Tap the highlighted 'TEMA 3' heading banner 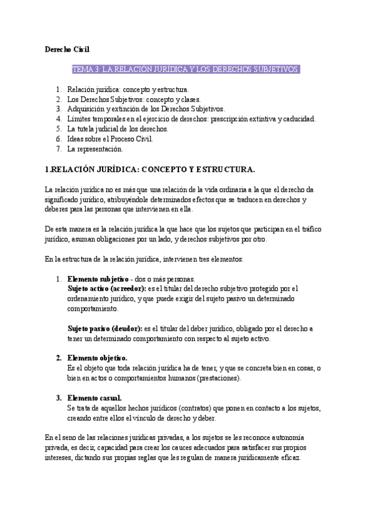[x=187, y=69]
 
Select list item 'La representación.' [x=95, y=149]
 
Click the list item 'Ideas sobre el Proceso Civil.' [x=110, y=139]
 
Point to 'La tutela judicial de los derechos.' [x=117, y=129]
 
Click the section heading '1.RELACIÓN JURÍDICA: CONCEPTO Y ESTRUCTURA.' [x=150, y=168]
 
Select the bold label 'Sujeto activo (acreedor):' [x=106, y=288]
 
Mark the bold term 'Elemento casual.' [x=94, y=398]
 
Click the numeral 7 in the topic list [x=58, y=149]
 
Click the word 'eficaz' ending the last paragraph [x=288, y=457]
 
